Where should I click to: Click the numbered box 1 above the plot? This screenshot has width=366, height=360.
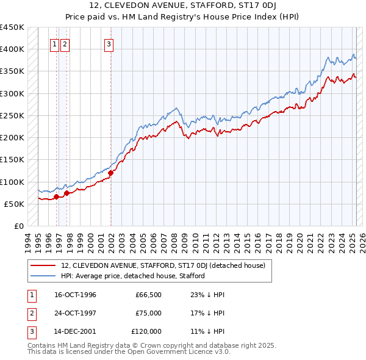(x=54, y=43)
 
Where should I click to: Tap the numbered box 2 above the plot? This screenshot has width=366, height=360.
(x=65, y=43)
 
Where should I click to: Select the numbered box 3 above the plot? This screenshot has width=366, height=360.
(x=109, y=43)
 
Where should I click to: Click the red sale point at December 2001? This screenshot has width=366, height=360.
(x=111, y=173)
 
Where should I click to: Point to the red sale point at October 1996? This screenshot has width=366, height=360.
(x=56, y=196)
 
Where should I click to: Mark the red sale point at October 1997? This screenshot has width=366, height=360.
(x=66, y=193)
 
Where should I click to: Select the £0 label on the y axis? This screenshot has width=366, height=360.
(x=18, y=226)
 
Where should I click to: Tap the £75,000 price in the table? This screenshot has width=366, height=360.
(x=148, y=313)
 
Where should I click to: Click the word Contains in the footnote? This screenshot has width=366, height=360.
(x=41, y=345)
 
